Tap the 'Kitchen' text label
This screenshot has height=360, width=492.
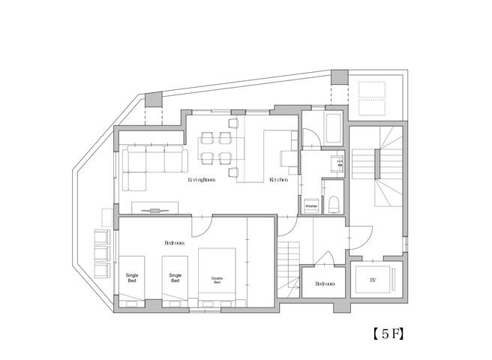point(279,180)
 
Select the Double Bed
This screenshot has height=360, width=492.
point(217,277)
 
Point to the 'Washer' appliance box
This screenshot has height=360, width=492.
point(311,205)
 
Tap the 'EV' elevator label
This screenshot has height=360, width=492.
point(373,280)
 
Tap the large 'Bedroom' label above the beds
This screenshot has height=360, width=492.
point(175,243)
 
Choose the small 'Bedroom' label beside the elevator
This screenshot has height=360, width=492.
point(325,284)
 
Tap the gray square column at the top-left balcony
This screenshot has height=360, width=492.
point(153,100)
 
